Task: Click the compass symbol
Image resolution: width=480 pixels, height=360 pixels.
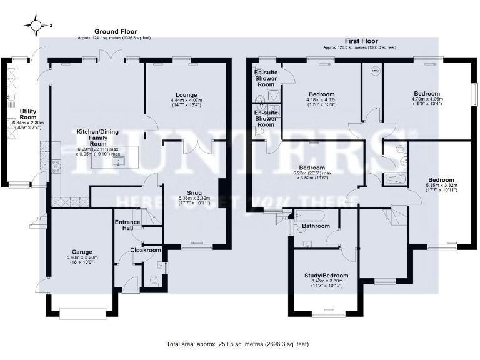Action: coord(36,26)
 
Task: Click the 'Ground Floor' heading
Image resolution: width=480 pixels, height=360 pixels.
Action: coord(116,31)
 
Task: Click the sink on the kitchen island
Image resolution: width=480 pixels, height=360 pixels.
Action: coord(116,162)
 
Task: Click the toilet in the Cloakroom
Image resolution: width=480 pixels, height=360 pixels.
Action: coord(154,282)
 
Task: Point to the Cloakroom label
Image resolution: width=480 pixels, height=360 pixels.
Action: coord(146,250)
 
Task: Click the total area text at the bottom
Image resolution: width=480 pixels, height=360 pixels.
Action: coord(237,344)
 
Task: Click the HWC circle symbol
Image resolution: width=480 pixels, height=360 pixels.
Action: coord(375,72)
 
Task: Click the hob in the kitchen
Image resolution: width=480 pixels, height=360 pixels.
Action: coord(57,166)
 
